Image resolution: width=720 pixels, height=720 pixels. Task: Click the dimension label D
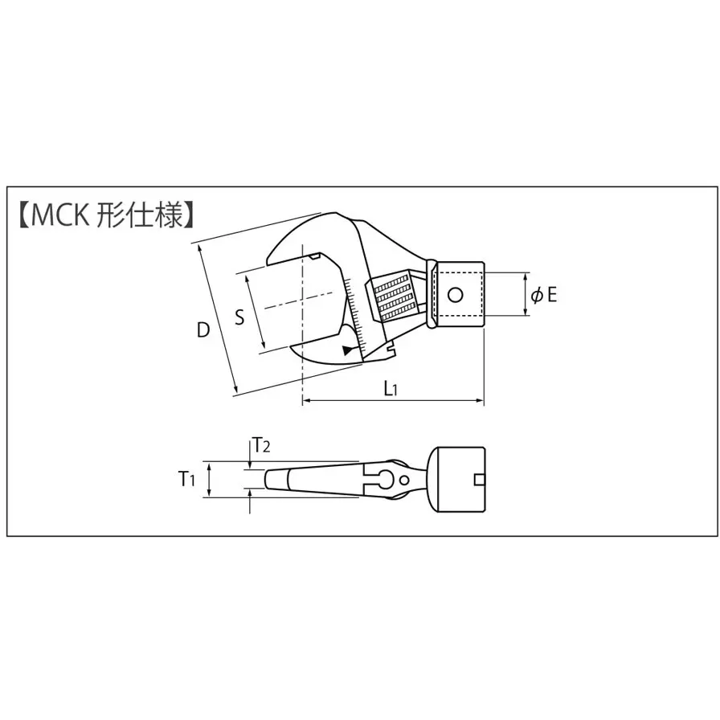point(203,329)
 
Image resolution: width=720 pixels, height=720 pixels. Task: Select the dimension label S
point(239,317)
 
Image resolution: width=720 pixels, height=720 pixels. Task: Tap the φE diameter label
point(544,295)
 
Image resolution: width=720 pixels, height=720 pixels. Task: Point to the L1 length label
point(391,389)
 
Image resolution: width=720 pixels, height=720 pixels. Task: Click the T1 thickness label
point(186,480)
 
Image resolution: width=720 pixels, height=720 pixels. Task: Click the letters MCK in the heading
point(61,215)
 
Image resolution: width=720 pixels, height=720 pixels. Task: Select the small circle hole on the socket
point(455,295)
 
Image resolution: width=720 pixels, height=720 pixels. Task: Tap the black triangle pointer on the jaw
point(347,350)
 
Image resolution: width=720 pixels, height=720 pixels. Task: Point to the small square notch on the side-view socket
point(480,480)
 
